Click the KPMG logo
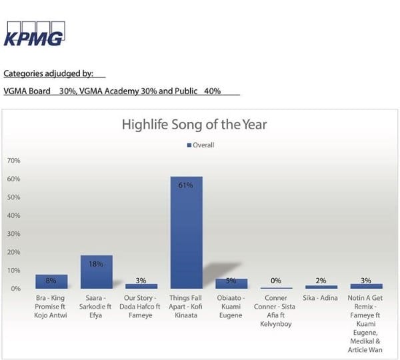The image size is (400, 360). pyautogui.click(x=34, y=34)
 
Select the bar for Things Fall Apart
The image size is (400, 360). pyautogui.click(x=187, y=233)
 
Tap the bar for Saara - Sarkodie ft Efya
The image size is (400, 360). pyautogui.click(x=97, y=272)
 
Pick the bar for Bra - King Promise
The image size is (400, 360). pyautogui.click(x=51, y=282)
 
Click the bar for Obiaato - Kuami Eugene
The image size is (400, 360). pyautogui.click(x=231, y=284)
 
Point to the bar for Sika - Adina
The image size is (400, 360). pyautogui.click(x=321, y=287)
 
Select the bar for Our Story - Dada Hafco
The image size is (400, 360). pyautogui.click(x=141, y=286)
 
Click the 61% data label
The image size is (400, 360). pyautogui.click(x=185, y=185)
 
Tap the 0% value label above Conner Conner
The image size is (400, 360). pyautogui.click(x=276, y=281)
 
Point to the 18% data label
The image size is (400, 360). pyautogui.click(x=96, y=264)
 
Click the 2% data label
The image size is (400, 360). pyautogui.click(x=321, y=281)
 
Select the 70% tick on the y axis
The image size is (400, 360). pyautogui.click(x=13, y=161)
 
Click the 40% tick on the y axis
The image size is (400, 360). pyautogui.click(x=13, y=215)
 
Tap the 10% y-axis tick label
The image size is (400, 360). pyautogui.click(x=13, y=271)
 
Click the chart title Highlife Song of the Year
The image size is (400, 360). pyautogui.click(x=195, y=125)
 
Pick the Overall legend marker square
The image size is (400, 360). pyautogui.click(x=189, y=145)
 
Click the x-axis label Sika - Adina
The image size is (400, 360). pyautogui.click(x=320, y=298)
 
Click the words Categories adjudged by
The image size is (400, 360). pyautogui.click(x=48, y=73)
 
